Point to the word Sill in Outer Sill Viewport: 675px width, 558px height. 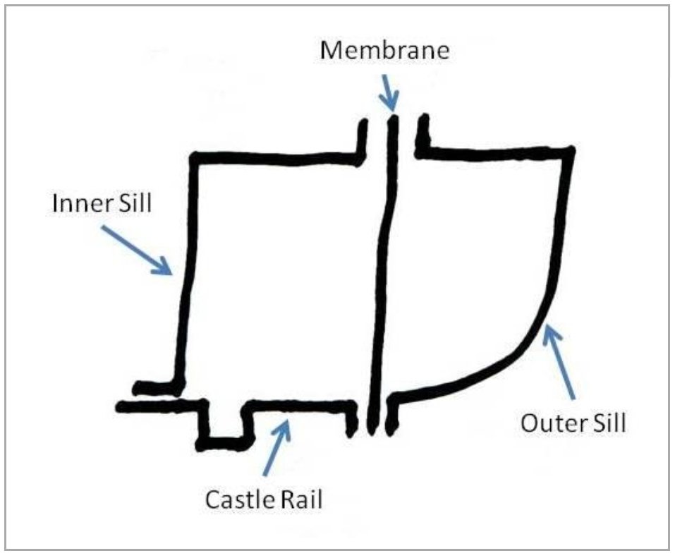coord(607,424)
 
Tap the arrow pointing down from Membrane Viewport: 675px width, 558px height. coord(387,92)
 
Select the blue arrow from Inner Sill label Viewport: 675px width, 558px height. coord(138,249)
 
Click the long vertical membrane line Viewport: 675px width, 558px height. coord(386,268)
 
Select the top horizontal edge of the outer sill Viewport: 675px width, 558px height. coord(497,151)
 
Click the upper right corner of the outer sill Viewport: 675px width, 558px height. coord(570,152)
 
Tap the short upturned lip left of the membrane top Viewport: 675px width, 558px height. coord(363,138)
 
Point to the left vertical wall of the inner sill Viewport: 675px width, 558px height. coord(186,275)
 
